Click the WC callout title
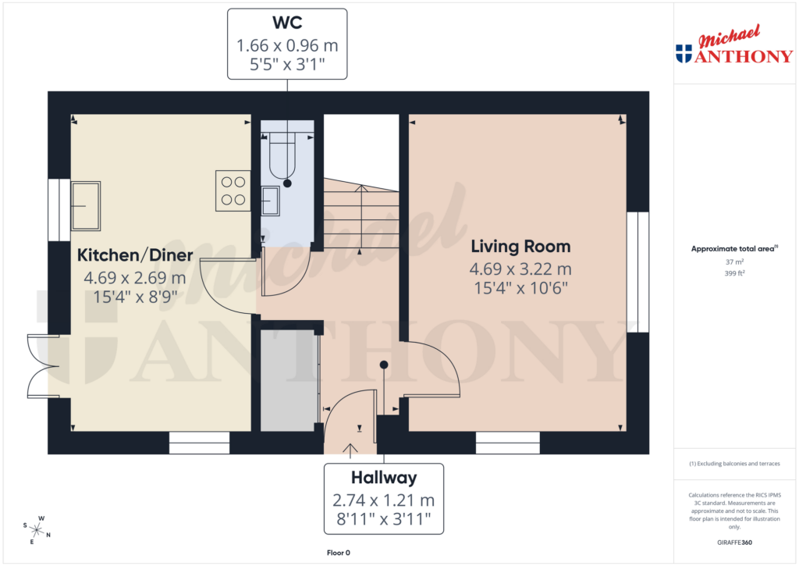tap(287, 23)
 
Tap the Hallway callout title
tap(383, 478)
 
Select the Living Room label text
tap(520, 247)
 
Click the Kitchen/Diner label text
tap(135, 255)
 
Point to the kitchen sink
tap(85, 205)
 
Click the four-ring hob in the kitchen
tap(233, 190)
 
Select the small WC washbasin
tap(271, 201)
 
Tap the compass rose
tap(36, 530)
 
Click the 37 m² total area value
tap(733, 262)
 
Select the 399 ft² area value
tap(733, 274)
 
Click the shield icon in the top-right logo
tap(684, 54)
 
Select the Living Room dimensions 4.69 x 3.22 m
tap(520, 269)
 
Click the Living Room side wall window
tap(637, 272)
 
